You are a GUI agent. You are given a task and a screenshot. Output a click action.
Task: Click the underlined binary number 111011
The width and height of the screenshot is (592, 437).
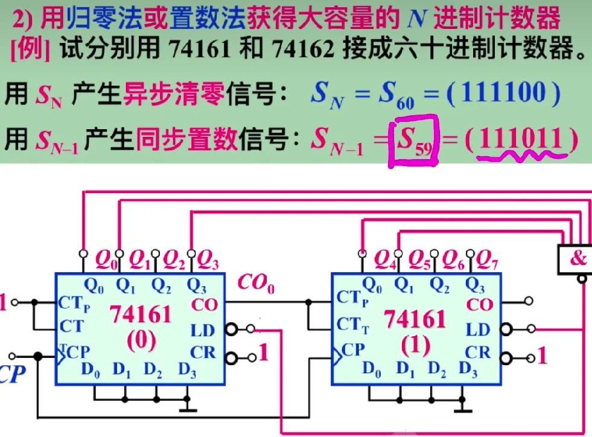tap(521, 141)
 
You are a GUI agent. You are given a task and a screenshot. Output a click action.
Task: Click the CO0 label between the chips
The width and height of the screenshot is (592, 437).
tap(256, 282)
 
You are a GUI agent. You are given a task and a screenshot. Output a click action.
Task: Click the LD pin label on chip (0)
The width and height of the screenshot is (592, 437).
tap(203, 330)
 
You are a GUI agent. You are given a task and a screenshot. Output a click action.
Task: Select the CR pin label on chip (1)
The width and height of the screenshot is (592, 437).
tap(478, 352)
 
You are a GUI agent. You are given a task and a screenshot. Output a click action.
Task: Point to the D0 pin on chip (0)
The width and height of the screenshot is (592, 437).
tap(91, 370)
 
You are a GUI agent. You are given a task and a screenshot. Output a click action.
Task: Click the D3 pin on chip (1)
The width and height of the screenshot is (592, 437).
tap(468, 369)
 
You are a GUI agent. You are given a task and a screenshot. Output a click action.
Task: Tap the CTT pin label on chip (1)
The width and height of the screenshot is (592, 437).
tap(352, 325)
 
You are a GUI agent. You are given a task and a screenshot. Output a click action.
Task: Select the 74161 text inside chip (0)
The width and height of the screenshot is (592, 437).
tap(141, 314)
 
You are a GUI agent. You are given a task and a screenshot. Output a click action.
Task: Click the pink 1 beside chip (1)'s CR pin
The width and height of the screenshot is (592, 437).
tap(542, 356)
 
